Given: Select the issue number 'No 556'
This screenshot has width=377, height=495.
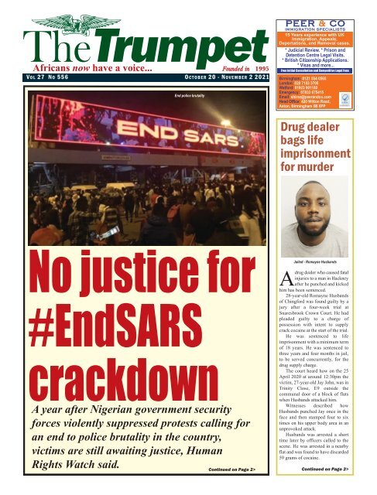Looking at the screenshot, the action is coord(60,79).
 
